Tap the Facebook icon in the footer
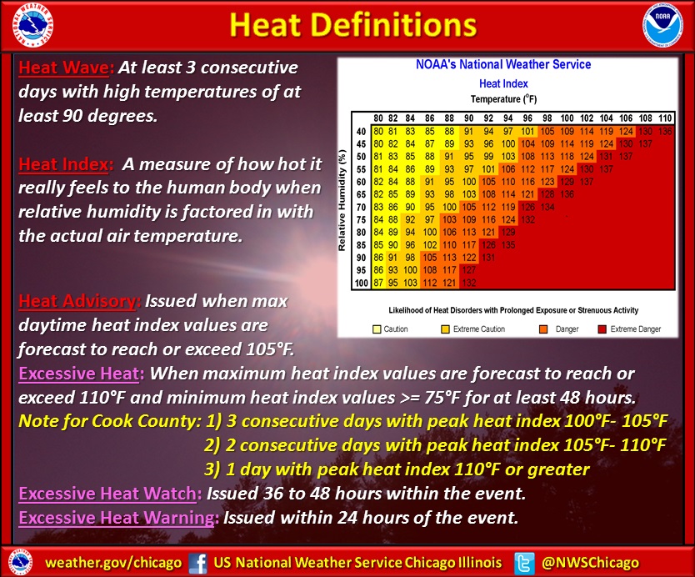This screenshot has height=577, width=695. pyautogui.click(x=198, y=562)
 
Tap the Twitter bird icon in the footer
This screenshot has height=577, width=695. pyautogui.click(x=525, y=562)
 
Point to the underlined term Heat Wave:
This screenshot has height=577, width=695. pyautogui.click(x=66, y=68)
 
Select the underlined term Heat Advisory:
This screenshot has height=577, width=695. pyautogui.click(x=80, y=299)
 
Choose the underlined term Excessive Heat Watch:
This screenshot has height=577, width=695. pyautogui.click(x=109, y=494)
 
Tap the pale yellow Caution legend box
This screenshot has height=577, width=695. pyautogui.click(x=377, y=329)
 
